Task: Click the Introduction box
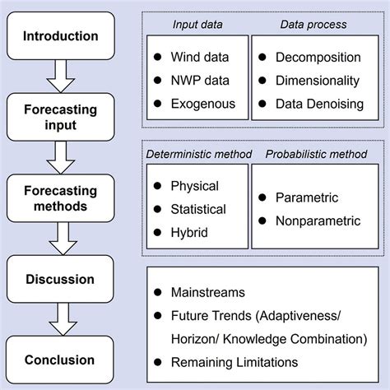(x=61, y=35)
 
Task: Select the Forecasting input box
(x=61, y=117)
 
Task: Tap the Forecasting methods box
(x=61, y=198)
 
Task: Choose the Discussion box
(x=60, y=279)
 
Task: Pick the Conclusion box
(x=60, y=360)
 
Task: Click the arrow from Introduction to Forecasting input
(x=61, y=77)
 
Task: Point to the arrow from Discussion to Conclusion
(x=63, y=319)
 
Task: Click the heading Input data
(x=197, y=25)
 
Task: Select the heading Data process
(x=313, y=25)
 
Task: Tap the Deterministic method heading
(x=199, y=154)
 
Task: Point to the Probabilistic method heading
(x=316, y=154)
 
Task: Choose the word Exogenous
(x=203, y=104)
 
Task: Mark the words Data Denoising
(x=319, y=104)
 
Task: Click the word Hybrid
(x=189, y=233)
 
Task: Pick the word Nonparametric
(x=318, y=221)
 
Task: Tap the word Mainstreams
(x=208, y=292)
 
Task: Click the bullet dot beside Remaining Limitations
(x=158, y=362)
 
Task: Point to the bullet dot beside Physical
(x=157, y=186)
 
